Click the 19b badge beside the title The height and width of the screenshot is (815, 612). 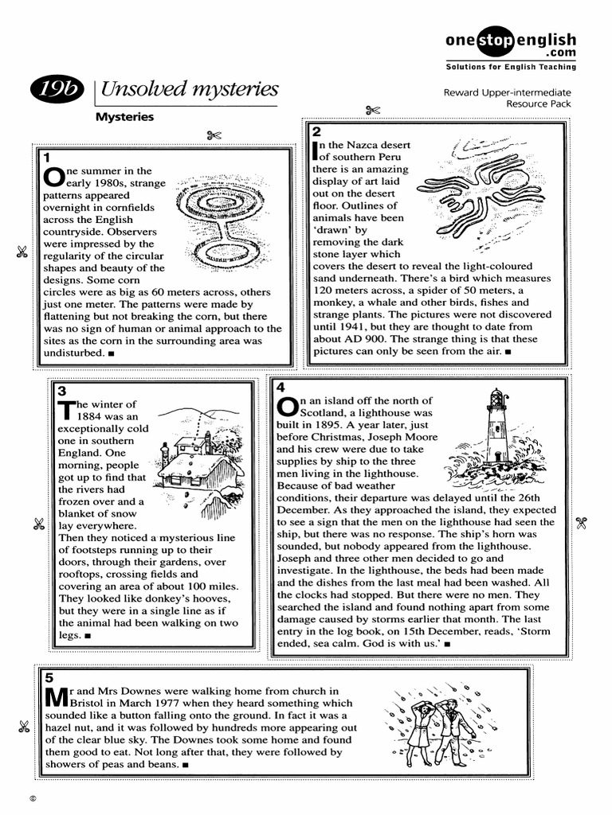[x=58, y=91]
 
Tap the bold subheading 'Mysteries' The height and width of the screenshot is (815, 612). [x=124, y=117]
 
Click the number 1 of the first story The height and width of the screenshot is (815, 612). [x=48, y=157]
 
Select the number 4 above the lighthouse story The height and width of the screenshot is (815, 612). [x=280, y=387]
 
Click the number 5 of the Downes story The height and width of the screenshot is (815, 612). [x=49, y=678]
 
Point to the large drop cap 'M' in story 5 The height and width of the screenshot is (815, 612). [x=55, y=697]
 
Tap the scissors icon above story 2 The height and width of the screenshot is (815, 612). [x=371, y=111]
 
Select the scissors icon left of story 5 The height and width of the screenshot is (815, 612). [x=23, y=726]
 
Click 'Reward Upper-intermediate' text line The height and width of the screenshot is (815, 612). [x=507, y=92]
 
